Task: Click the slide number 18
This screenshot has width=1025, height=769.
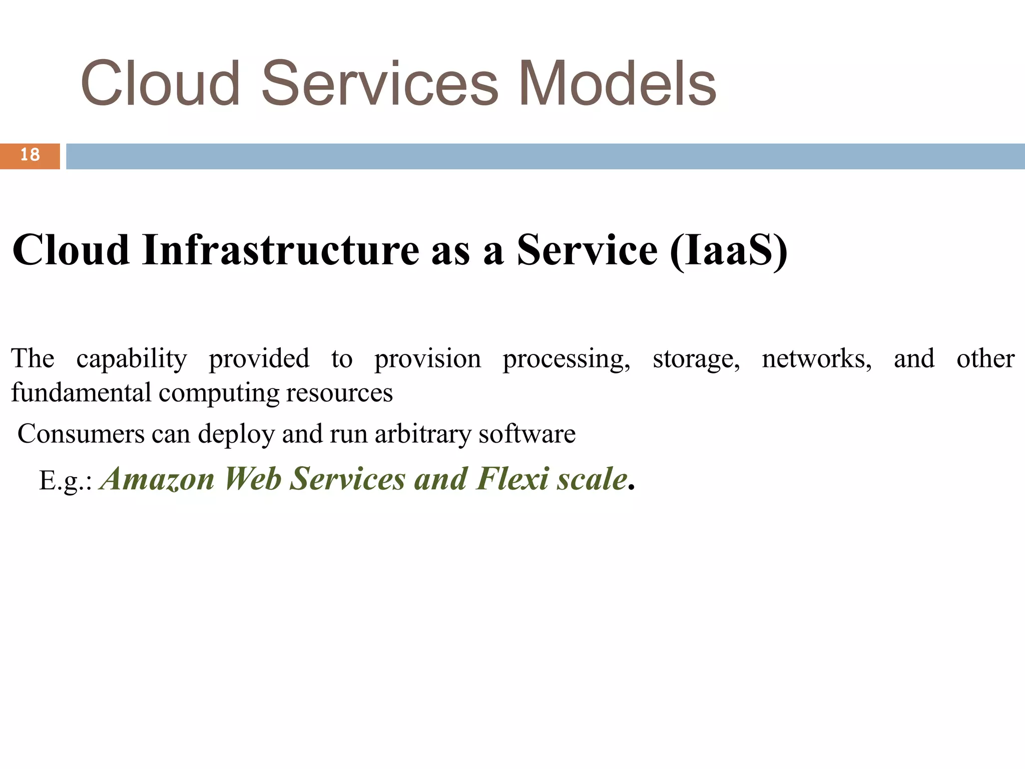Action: point(30,155)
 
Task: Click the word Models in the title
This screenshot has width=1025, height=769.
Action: point(618,84)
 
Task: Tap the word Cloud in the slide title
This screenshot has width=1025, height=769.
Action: point(161,84)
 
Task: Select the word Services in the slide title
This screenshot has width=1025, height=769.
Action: point(380,84)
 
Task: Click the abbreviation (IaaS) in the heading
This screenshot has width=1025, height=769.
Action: point(729,250)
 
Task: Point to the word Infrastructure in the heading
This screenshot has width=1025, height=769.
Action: point(281,250)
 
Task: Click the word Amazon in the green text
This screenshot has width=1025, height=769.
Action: point(158,479)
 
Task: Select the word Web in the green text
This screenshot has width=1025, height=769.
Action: point(252,479)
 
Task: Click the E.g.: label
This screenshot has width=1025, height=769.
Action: point(65,481)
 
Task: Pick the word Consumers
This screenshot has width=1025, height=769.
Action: point(81,434)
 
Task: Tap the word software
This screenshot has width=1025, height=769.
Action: point(527,434)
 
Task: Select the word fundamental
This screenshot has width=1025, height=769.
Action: point(81,393)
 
